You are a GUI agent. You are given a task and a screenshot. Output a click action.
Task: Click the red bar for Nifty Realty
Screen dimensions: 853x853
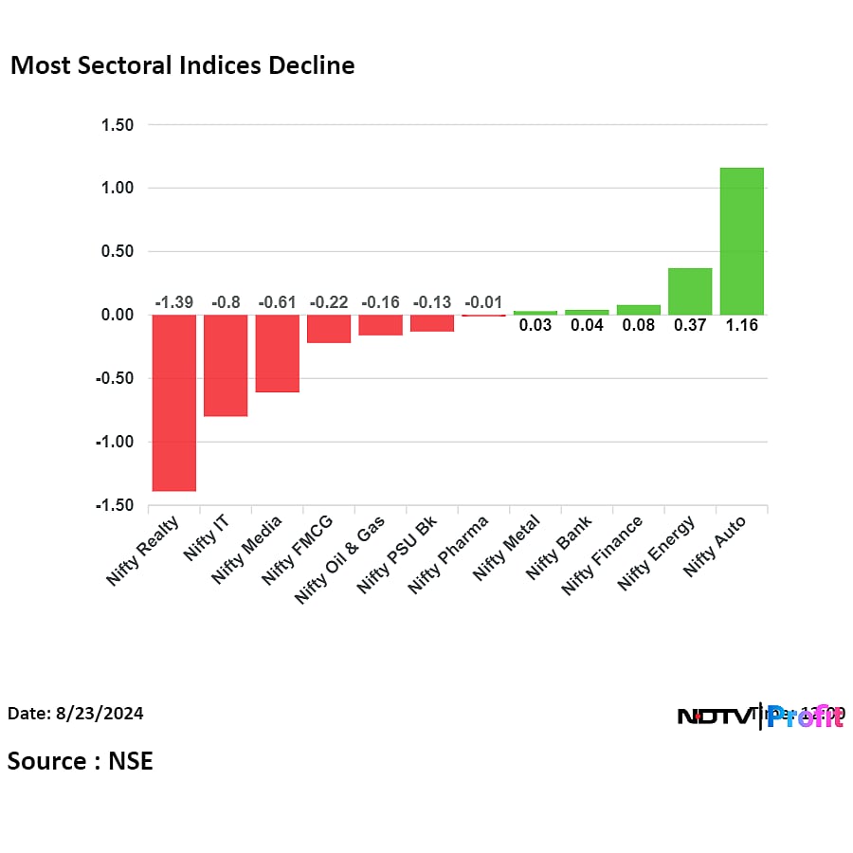173,403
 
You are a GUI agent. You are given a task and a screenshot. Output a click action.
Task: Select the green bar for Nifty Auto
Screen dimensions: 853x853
741,241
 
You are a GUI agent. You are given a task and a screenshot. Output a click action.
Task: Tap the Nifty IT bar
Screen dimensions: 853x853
226,365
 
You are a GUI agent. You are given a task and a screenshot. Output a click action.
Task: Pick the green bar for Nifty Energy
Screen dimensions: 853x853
690,291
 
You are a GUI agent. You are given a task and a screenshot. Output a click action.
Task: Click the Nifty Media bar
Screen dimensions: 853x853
277,353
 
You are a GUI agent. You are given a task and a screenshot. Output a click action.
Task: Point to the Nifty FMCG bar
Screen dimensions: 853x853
328,328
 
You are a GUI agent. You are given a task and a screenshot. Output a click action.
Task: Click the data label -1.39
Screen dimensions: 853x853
173,302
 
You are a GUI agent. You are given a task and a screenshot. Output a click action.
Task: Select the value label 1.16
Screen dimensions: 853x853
741,325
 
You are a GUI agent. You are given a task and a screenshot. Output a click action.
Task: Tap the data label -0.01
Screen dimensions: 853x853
483,302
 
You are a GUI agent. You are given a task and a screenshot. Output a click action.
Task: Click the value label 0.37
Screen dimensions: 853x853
690,325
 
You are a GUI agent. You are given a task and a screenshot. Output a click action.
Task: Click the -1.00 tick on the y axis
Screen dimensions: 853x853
113,442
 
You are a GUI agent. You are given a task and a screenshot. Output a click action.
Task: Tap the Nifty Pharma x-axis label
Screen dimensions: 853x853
449,554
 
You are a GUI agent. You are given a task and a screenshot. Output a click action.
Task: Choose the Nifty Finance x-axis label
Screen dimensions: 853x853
603,555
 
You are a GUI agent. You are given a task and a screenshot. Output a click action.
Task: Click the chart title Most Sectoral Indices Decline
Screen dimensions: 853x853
182,65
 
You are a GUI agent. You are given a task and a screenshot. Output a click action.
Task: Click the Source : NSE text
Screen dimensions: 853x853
80,760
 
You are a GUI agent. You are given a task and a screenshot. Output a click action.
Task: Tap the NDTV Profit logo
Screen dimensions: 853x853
760,717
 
